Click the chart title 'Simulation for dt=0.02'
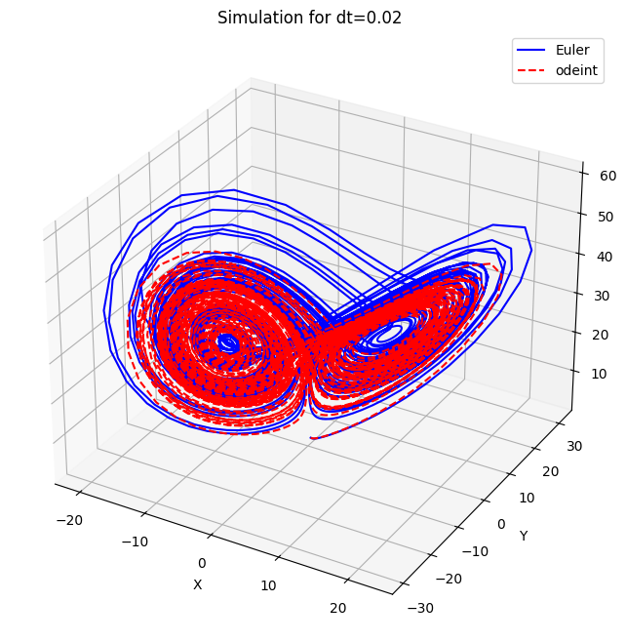pos(309,18)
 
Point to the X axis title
pos(197,584)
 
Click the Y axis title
pos(524,536)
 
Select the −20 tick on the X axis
pos(70,520)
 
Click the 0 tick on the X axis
pos(202,563)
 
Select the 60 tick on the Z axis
pos(605,175)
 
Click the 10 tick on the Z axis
pos(598,374)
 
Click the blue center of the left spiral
pos(227,342)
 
